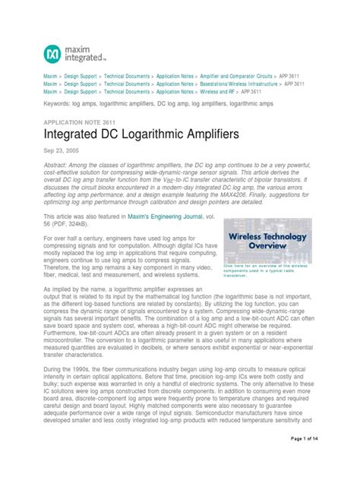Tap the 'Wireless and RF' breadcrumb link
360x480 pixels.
click(218, 91)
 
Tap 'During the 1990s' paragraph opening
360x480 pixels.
click(72, 369)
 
